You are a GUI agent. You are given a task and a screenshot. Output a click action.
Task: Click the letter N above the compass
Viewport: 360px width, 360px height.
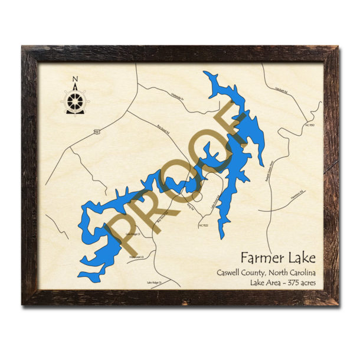click(x=74, y=80)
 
